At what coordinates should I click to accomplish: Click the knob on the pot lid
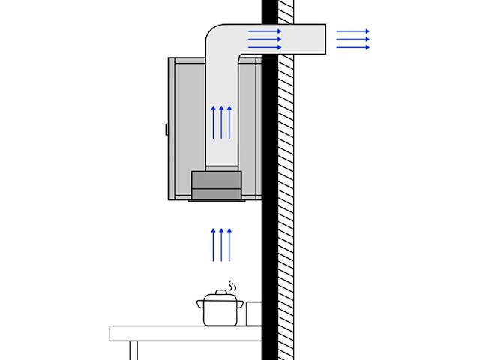tap(221, 292)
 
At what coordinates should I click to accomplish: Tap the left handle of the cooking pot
tap(200, 303)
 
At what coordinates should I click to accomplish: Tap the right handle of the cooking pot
tap(241, 303)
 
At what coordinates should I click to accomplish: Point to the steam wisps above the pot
tap(232, 286)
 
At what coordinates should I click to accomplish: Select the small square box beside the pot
tap(253, 313)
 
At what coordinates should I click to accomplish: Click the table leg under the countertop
tap(133, 350)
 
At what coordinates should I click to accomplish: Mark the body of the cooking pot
tap(221, 312)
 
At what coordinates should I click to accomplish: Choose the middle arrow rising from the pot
tap(221, 245)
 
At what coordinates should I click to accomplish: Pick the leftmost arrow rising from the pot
tap(214, 245)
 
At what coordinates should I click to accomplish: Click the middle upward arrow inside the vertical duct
tap(221, 122)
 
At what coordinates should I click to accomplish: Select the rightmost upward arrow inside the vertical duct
tap(229, 122)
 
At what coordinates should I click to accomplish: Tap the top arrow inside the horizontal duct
tap(265, 31)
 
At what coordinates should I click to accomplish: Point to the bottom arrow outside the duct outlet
tap(353, 47)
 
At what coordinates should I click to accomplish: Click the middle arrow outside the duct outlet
tap(353, 39)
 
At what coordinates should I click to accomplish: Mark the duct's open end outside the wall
tap(323, 39)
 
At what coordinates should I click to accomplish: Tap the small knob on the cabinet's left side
tap(166, 129)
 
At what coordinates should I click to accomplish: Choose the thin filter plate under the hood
tap(217, 200)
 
